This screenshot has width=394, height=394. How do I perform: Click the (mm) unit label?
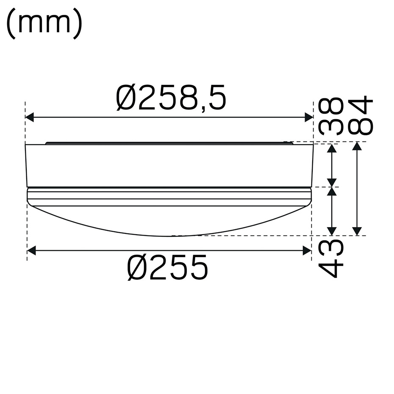44,25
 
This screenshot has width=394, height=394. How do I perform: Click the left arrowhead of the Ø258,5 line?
30,117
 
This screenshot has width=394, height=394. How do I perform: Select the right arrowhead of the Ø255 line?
307,251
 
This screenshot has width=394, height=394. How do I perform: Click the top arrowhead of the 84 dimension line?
358,147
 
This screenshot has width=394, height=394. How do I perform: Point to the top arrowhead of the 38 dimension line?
332,147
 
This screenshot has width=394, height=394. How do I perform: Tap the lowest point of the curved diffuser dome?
169,236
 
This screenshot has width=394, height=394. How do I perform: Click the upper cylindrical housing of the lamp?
169,165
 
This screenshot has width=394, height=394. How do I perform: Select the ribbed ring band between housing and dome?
169,197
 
